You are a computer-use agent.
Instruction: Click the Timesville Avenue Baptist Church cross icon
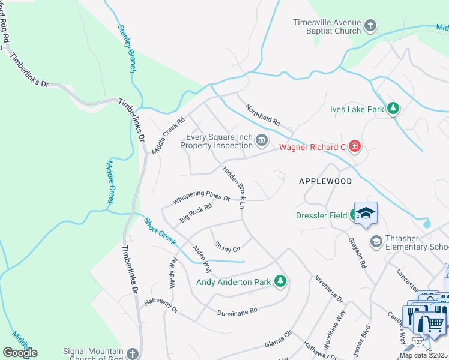(370, 26)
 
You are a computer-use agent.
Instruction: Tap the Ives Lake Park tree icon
(393, 109)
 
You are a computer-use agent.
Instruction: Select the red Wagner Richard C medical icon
(355, 146)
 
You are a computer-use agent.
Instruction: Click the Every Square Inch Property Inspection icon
(262, 141)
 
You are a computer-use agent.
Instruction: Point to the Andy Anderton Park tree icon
(279, 281)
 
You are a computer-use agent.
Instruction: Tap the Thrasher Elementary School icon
(376, 242)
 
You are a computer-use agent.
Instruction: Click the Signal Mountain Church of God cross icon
(133, 354)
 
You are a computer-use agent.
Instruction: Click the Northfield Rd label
(263, 115)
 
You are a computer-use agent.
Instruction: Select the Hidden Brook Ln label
(235, 187)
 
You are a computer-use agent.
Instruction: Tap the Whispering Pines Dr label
(201, 197)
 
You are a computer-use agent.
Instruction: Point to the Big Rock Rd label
(196, 213)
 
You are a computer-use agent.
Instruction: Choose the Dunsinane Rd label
(237, 311)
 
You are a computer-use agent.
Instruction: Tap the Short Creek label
(160, 231)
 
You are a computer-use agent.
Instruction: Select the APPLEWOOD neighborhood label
(325, 181)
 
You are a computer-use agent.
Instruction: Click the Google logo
(20, 353)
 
